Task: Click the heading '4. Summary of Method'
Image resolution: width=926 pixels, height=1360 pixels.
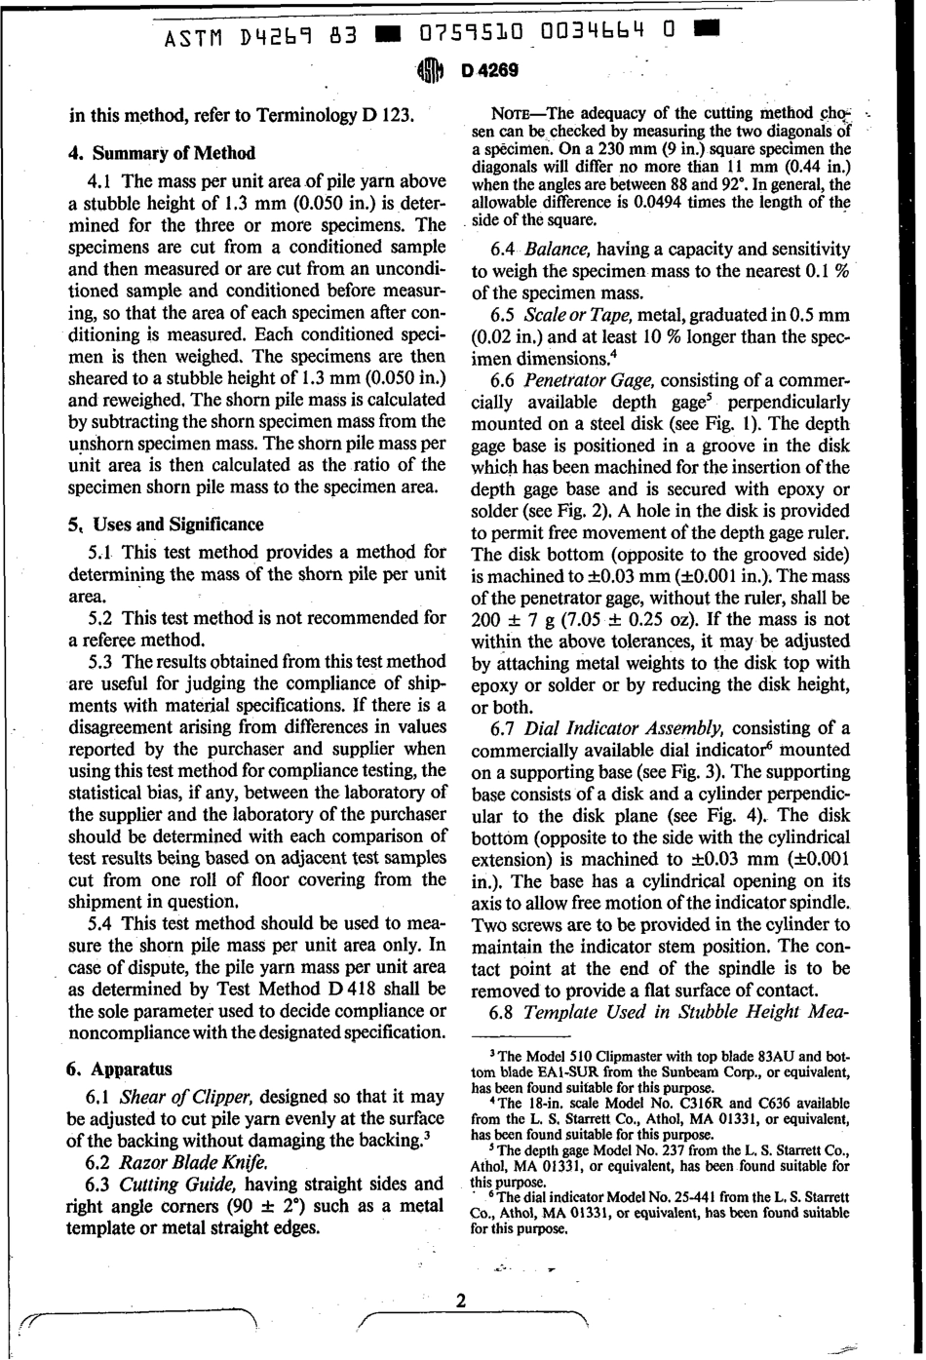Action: pyautogui.click(x=161, y=153)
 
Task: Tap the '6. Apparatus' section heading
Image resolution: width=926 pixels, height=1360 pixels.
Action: pyautogui.click(x=120, y=1069)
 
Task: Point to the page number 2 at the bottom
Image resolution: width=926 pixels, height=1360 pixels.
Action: pyautogui.click(x=461, y=1301)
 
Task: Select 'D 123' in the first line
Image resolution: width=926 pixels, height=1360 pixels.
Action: pyautogui.click(x=388, y=115)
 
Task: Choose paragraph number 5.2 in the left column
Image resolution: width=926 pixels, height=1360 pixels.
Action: pyautogui.click(x=101, y=617)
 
